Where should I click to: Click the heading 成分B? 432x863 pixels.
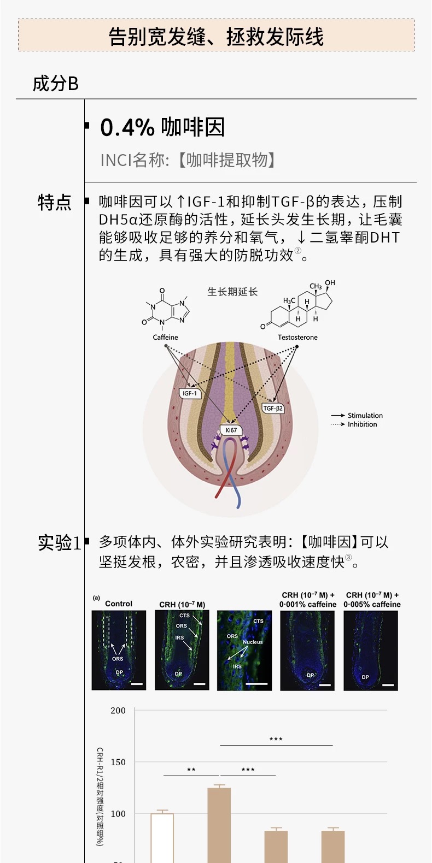click(55, 84)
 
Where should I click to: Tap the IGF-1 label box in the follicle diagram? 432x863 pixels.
click(190, 393)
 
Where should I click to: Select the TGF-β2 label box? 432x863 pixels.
click(273, 408)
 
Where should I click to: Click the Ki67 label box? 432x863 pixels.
click(231, 430)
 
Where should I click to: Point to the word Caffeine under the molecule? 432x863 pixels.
click(165, 337)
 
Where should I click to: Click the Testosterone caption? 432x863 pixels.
click(297, 337)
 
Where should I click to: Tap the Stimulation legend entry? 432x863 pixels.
click(365, 415)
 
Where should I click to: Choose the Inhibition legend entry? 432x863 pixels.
click(362, 424)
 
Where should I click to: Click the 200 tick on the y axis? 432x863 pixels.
click(118, 710)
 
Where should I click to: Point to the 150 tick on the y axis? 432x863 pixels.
click(118, 762)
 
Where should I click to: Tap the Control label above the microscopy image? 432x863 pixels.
click(119, 604)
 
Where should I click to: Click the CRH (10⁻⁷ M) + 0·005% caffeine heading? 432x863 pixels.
click(372, 600)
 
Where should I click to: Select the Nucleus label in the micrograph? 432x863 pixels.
click(253, 642)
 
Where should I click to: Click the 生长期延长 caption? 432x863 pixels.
click(232, 292)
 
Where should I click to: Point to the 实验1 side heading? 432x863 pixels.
click(59, 542)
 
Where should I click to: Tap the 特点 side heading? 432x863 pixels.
click(54, 203)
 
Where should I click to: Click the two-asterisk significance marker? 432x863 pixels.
click(191, 770)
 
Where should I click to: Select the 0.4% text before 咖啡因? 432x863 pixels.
click(127, 128)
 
